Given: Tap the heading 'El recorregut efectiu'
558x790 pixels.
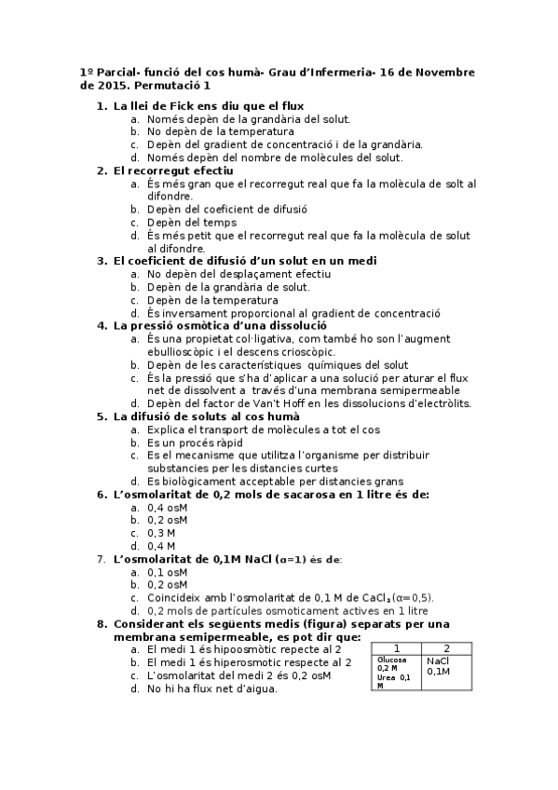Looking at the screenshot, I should pyautogui.click(x=173, y=170).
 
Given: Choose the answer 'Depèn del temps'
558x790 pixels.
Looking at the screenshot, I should pyautogui.click(x=191, y=223).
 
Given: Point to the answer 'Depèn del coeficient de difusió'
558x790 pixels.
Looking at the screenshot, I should pyautogui.click(x=226, y=210).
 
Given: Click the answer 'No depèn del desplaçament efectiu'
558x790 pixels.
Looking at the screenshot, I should pyautogui.click(x=238, y=274).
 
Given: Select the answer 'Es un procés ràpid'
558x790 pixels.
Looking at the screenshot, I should pyautogui.click(x=195, y=443).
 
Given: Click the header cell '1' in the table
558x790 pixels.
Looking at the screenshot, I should pyautogui.click(x=397, y=648).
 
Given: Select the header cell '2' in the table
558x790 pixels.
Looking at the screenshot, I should pyautogui.click(x=446, y=648).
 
